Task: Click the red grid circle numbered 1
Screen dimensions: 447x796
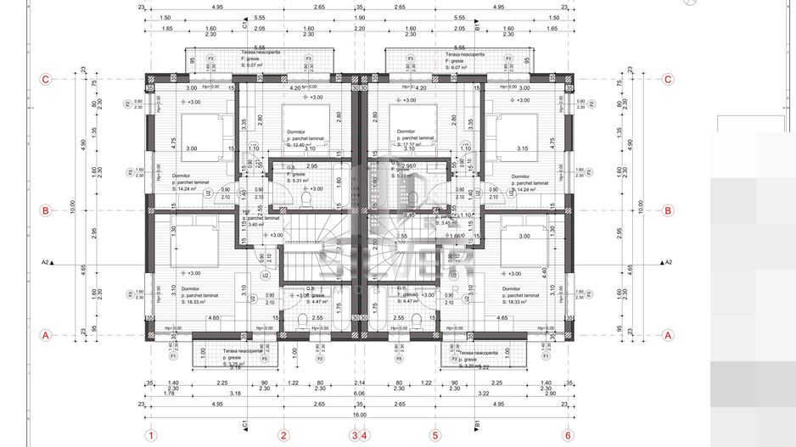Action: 149,435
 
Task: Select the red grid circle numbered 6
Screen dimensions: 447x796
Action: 568,435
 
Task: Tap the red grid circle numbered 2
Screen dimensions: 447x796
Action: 283,435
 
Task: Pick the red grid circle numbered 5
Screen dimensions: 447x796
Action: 435,435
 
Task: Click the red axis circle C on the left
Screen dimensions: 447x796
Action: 47,81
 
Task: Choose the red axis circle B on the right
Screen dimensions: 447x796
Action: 668,210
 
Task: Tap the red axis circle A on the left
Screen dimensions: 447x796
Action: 47,335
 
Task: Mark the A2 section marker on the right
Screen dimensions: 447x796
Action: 667,263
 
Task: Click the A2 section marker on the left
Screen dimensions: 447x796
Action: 48,263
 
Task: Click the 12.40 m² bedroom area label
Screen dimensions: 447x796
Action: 300,145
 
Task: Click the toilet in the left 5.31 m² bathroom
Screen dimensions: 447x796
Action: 306,198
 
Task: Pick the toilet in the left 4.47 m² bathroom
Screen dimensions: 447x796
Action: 303,320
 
